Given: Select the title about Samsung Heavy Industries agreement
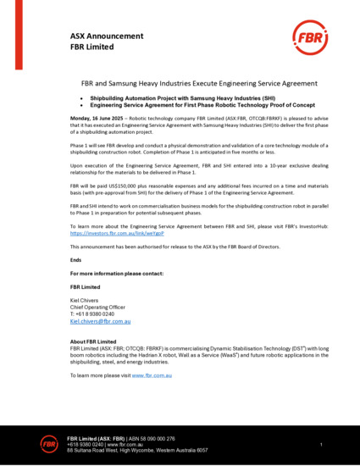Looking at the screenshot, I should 180,86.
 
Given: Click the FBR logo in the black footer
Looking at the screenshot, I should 51,442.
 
